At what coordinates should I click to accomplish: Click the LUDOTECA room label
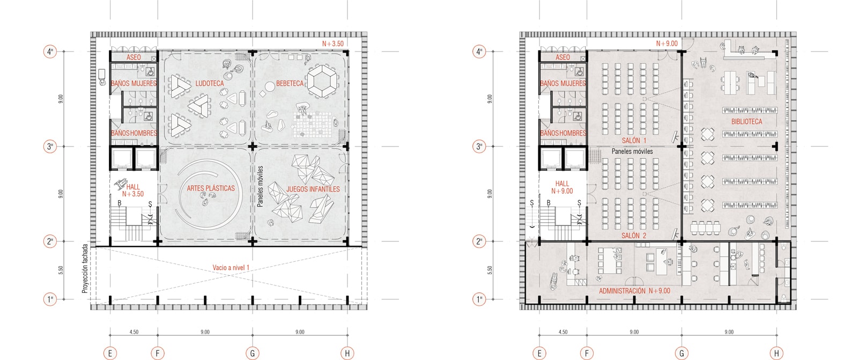[x=210, y=83]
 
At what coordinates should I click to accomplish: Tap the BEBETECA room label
[x=290, y=83]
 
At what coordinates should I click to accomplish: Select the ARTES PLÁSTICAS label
[x=211, y=188]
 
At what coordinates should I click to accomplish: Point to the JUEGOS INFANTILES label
[x=313, y=189]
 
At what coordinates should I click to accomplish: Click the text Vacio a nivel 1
[x=231, y=268]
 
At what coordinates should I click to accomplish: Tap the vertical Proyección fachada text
[x=85, y=269]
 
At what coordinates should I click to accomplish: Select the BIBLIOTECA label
[x=746, y=122]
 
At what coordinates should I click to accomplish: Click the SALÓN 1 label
[x=634, y=141]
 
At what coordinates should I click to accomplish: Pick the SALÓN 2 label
[x=634, y=236]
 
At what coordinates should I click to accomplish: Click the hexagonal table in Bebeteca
[x=323, y=81]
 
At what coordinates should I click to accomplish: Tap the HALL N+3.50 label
[x=133, y=190]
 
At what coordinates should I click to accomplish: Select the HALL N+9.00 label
[x=563, y=187]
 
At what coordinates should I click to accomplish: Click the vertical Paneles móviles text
[x=260, y=186]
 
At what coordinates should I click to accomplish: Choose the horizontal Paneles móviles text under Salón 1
[x=632, y=151]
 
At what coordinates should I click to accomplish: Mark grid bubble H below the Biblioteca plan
[x=776, y=353]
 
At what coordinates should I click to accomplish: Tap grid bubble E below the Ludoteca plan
[x=110, y=353]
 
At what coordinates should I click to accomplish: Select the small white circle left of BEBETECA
[x=270, y=87]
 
